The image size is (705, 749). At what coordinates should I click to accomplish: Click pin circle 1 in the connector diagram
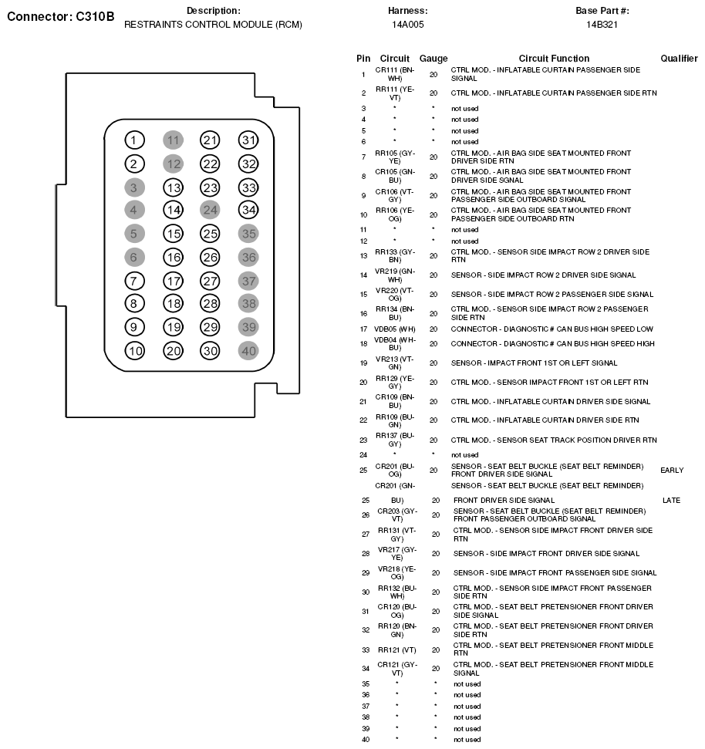(x=135, y=140)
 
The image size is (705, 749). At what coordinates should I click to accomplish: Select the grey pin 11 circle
(x=174, y=140)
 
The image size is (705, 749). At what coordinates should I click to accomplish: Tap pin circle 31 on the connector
(x=248, y=140)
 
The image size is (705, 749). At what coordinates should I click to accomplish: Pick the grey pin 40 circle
(x=248, y=351)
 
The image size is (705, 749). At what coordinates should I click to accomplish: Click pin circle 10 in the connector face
(x=135, y=351)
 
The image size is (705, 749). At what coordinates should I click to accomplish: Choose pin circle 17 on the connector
(x=174, y=281)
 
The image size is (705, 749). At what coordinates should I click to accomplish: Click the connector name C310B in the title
(x=89, y=16)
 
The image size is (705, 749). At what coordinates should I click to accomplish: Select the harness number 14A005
(x=407, y=25)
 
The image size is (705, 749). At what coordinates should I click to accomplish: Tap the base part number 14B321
(x=602, y=25)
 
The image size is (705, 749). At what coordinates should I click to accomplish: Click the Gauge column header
(x=433, y=59)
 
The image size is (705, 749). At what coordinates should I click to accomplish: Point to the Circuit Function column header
(x=554, y=59)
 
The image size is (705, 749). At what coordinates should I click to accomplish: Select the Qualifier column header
(x=679, y=59)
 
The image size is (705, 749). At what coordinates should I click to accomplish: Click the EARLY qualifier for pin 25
(x=672, y=470)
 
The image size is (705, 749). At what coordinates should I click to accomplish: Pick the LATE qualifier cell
(x=671, y=501)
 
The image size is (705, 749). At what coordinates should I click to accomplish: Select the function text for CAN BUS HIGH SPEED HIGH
(x=552, y=344)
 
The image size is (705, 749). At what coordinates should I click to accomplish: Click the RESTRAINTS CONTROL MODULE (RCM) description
(x=213, y=25)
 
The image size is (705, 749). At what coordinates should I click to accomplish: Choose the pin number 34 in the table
(x=366, y=668)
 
